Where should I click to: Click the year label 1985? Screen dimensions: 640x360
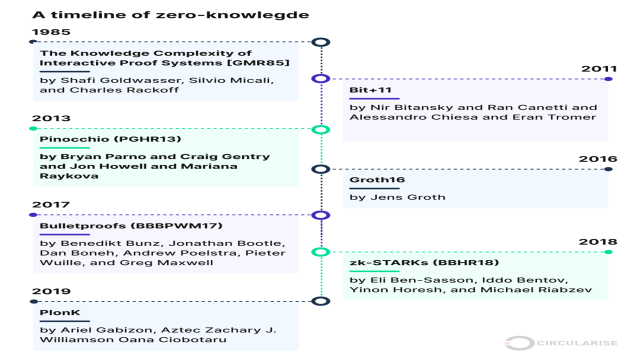(51, 31)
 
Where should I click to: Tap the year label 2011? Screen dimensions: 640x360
(599, 69)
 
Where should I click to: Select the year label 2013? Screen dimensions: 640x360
(51, 118)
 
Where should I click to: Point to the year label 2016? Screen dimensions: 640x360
(598, 159)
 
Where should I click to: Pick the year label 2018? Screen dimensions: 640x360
(598, 242)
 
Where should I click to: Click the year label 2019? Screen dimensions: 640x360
(51, 291)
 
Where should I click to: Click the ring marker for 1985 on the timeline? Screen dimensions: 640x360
(320, 42)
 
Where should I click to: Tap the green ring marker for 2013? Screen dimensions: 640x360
(320, 129)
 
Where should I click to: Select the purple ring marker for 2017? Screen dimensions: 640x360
(320, 215)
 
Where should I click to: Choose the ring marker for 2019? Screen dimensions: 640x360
(320, 301)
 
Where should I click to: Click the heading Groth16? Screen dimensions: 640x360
(377, 179)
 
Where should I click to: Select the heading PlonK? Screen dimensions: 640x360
(60, 312)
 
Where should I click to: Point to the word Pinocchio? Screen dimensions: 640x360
(74, 139)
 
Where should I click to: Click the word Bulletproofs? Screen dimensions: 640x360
(83, 225)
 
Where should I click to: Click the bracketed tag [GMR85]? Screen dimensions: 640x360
(258, 63)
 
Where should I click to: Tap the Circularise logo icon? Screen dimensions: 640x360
(519, 343)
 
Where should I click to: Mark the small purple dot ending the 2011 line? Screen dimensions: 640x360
(608, 79)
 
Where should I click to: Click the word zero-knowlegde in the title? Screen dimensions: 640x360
(232, 15)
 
